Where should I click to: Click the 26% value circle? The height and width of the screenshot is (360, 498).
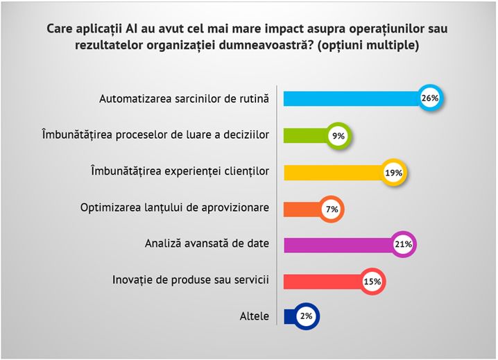pyautogui.click(x=430, y=98)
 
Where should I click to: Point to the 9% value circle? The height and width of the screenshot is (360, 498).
pyautogui.click(x=339, y=136)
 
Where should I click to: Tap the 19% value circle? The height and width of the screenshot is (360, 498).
pyautogui.click(x=394, y=172)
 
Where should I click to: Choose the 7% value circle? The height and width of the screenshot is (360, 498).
pyautogui.click(x=332, y=208)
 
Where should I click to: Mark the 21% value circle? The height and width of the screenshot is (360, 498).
pyautogui.click(x=404, y=244)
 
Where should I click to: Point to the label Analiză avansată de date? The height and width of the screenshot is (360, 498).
pyautogui.click(x=207, y=244)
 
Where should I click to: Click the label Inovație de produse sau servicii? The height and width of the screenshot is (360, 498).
pyautogui.click(x=190, y=280)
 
